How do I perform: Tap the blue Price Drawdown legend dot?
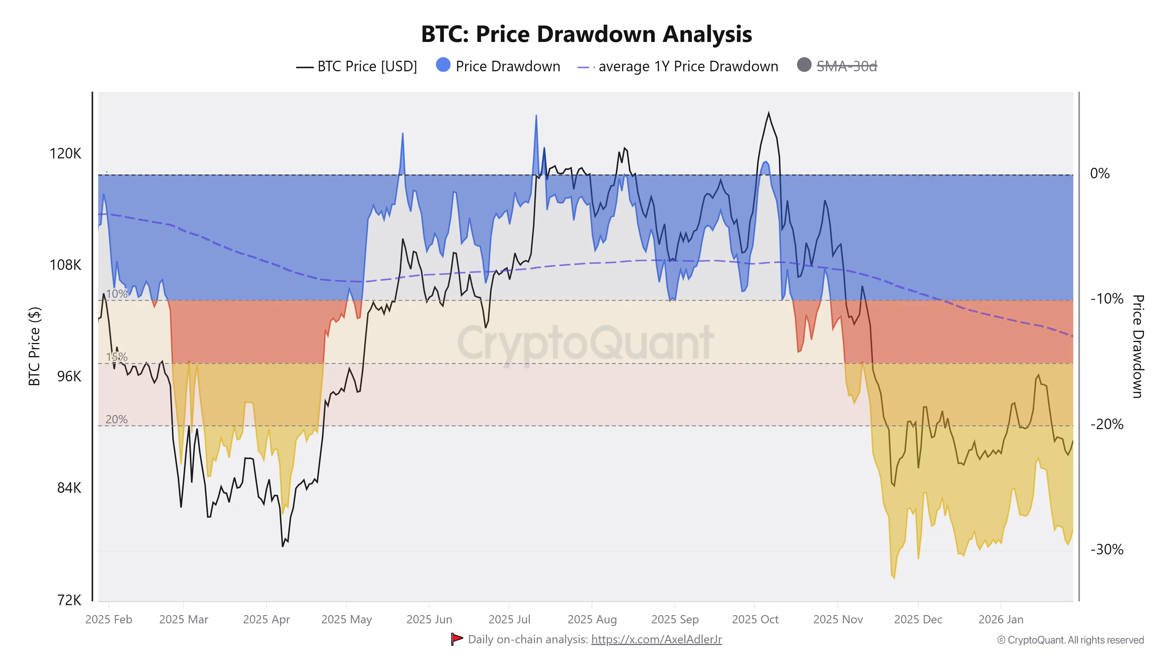(x=443, y=65)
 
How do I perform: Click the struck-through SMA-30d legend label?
(x=847, y=67)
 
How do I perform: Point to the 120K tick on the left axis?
(x=65, y=153)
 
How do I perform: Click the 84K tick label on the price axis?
(x=69, y=488)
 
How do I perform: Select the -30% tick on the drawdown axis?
(x=1106, y=549)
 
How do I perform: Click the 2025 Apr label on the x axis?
(x=266, y=620)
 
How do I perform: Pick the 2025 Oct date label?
(x=755, y=620)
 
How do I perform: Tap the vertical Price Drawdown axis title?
(x=1138, y=346)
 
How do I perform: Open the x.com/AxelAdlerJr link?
(x=656, y=639)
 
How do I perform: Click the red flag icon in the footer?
(x=456, y=639)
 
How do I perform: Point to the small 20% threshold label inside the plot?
(x=117, y=419)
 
